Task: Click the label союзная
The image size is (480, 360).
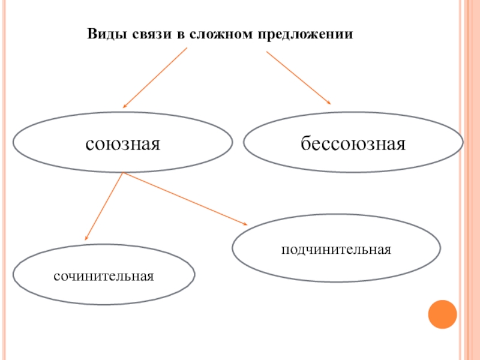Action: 123,144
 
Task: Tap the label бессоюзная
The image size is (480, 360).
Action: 353,144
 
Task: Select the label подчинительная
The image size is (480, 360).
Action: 337,248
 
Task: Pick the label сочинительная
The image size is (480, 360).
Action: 104,277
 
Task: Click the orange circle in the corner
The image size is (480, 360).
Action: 442,313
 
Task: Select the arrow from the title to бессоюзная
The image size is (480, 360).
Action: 298,78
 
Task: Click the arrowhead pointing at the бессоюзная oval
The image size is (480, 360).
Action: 329,103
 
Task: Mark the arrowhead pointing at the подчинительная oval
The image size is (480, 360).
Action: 244,224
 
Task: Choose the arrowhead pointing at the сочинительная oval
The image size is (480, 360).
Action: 87,238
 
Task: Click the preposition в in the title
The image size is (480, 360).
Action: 179,34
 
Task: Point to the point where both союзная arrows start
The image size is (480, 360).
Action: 123,173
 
